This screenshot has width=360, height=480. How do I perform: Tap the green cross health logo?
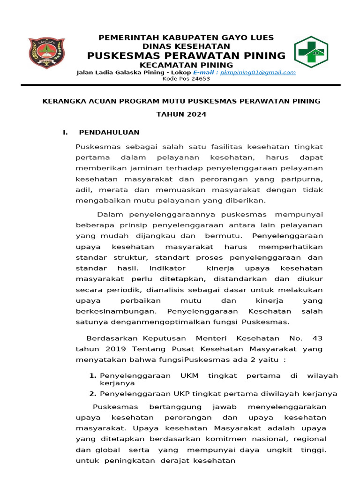311,52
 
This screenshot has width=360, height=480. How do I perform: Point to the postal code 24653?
200,79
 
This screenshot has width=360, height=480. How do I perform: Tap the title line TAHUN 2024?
181,115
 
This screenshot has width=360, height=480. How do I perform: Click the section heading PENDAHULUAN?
109,133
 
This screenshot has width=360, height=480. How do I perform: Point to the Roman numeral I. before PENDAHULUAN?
66,133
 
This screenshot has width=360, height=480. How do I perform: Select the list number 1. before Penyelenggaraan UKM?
93,376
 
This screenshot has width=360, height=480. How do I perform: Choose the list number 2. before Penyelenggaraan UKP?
93,394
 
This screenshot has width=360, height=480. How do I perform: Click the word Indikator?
168,269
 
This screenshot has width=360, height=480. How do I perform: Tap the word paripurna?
303,179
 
